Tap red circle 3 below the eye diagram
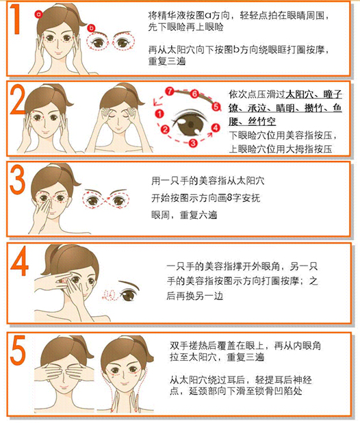coord(193,143)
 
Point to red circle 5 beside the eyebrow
coord(216,107)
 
